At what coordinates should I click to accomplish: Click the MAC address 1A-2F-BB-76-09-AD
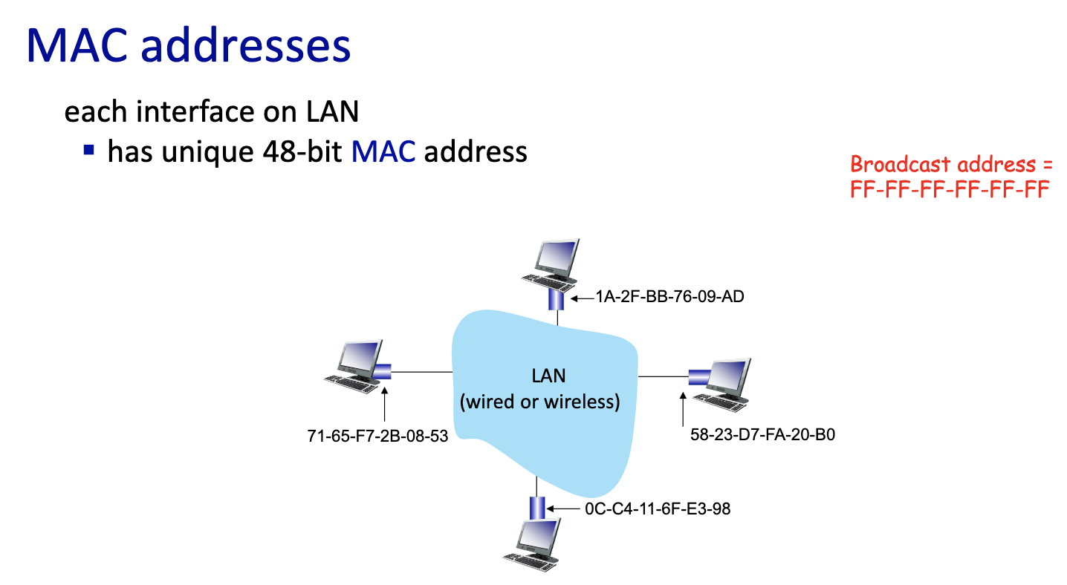coord(669,298)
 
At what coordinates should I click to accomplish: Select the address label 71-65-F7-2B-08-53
coord(377,436)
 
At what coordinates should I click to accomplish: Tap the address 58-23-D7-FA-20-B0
coord(762,435)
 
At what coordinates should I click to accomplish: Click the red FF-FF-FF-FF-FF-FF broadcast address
coord(949,190)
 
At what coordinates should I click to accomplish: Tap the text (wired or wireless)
coord(540,402)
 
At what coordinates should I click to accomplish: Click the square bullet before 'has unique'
coord(89,150)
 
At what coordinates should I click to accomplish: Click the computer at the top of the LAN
coord(551,264)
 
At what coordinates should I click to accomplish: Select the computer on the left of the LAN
coord(354,365)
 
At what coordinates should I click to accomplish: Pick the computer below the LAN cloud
coord(533,543)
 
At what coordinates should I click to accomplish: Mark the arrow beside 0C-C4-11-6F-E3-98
coord(565,509)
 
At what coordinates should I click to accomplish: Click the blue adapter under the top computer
coord(556,299)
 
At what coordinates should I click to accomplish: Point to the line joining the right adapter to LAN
coord(663,377)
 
